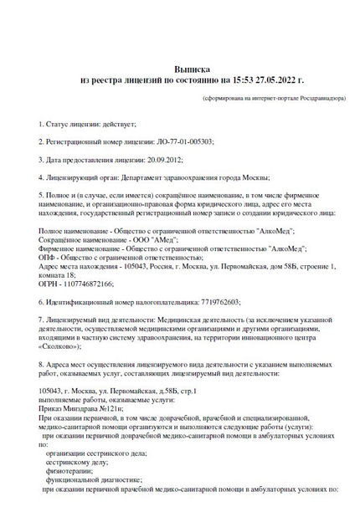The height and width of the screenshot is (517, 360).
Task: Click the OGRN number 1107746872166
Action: pos(86,284)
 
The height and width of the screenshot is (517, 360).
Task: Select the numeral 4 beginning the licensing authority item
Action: pos(42,177)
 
